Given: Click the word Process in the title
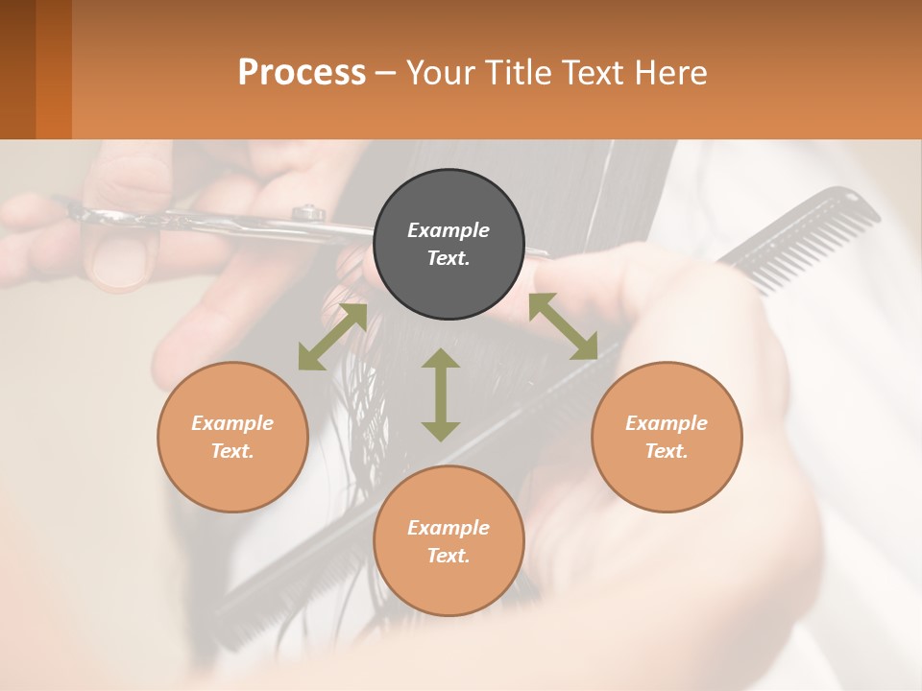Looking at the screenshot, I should [302, 73].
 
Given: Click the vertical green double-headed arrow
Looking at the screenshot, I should [441, 394].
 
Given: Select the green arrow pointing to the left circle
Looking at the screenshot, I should [332, 337].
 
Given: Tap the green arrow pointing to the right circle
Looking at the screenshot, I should [563, 326].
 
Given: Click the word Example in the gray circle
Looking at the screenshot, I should [449, 230].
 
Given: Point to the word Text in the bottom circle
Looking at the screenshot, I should [449, 556].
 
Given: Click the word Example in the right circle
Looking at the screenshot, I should [667, 423].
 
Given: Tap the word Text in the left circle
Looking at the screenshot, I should [232, 451].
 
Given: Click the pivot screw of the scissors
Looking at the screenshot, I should [308, 212].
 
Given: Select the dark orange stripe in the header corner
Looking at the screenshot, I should [54, 69].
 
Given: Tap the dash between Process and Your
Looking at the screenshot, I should [385, 73].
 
